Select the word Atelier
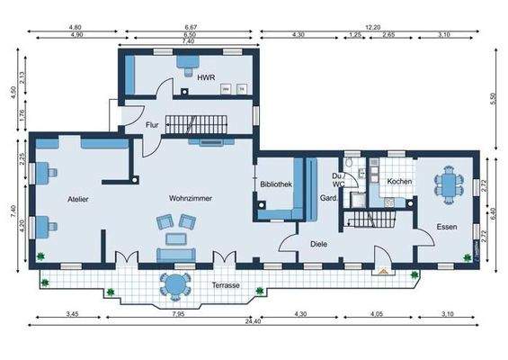77,198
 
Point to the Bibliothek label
276,184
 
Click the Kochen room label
399,182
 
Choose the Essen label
447,227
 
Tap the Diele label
318,242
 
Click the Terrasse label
226,284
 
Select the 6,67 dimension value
190,27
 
